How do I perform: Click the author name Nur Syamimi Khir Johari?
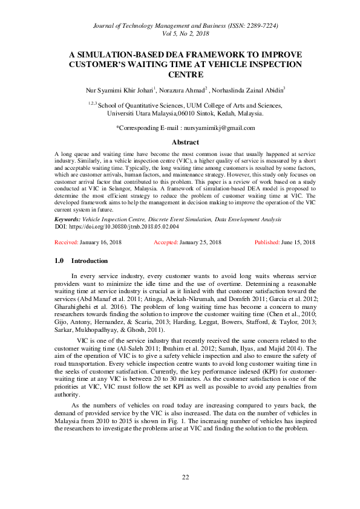pyautogui.click(x=120, y=91)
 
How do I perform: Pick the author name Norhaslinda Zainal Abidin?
pyautogui.click(x=248, y=91)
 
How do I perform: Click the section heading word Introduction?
pyautogui.click(x=90, y=261)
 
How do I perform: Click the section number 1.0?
pyautogui.click(x=59, y=261)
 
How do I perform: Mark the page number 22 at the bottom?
pyautogui.click(x=186, y=477)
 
